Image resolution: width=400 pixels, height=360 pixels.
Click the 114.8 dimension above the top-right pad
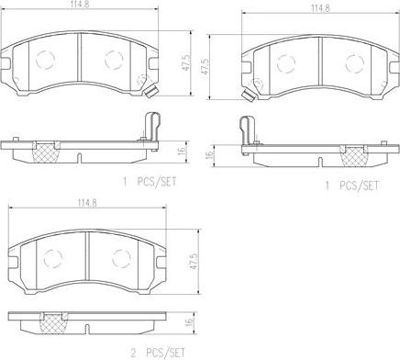coord(320,8)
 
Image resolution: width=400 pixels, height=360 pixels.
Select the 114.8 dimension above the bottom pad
coord(87,203)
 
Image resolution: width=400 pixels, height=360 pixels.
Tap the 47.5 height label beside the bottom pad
coord(193,261)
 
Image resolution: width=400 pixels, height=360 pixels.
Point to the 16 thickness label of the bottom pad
coord(189,321)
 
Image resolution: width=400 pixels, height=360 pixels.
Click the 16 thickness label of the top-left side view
coord(182,151)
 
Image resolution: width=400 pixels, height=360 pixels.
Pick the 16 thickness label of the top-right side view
coord(209,155)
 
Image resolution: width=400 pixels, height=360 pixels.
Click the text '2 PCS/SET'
coord(158,354)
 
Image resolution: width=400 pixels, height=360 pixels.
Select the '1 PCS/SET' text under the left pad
coord(150,182)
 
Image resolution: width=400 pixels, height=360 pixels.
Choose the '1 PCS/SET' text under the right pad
coord(351,186)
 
